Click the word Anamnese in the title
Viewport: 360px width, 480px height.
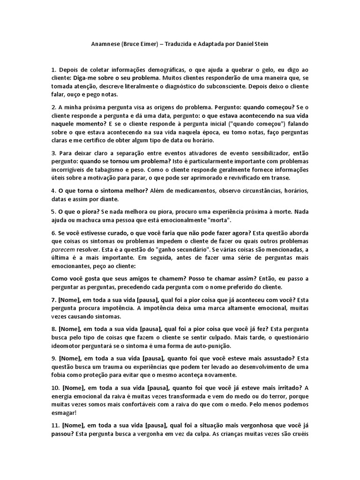[105, 44]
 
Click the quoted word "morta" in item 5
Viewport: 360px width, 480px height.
[217, 220]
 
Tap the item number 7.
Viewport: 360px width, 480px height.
[53, 300]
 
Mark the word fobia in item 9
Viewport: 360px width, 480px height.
[60, 375]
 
